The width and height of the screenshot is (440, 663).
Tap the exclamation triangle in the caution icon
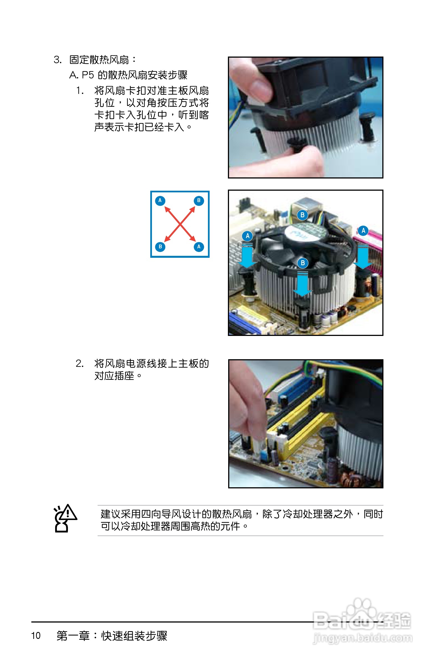click(67, 513)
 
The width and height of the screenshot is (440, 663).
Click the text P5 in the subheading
click(88, 75)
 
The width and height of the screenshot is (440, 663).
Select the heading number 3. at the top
click(57, 60)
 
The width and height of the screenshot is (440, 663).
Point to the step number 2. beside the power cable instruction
click(80, 363)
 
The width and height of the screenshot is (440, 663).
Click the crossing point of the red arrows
click(180, 224)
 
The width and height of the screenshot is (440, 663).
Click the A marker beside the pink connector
click(363, 231)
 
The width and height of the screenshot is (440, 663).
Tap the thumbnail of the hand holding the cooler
click(306, 118)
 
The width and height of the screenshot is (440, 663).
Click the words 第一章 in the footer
click(73, 636)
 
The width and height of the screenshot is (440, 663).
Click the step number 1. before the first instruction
click(80, 91)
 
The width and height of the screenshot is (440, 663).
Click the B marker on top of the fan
click(302, 215)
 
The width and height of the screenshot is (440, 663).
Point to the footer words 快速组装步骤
click(134, 636)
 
